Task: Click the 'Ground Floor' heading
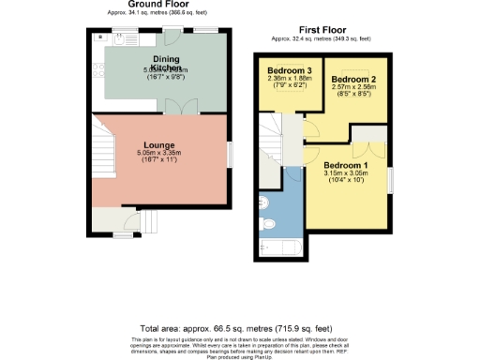[x=155, y=5]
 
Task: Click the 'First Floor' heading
[x=320, y=31]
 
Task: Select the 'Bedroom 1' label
[x=352, y=165]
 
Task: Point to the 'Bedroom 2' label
[x=354, y=79]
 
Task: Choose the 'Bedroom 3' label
[x=290, y=72]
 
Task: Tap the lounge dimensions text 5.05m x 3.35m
[x=160, y=153]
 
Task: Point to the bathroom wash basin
[x=265, y=201]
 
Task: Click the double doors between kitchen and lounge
[x=182, y=106]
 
